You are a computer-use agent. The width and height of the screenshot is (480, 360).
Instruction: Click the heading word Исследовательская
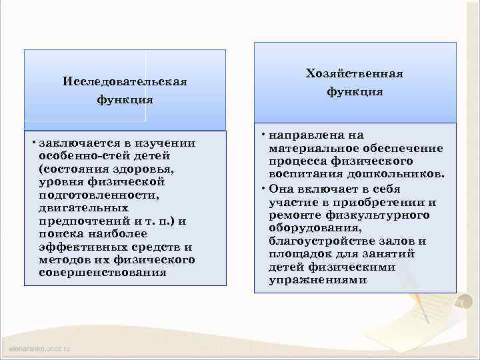[124, 81]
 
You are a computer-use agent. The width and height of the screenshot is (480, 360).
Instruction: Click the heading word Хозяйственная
[354, 73]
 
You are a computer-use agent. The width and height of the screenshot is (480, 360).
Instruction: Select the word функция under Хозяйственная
[354, 91]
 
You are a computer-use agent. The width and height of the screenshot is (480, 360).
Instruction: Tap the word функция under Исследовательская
[124, 100]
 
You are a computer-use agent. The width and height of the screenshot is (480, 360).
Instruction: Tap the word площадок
[297, 254]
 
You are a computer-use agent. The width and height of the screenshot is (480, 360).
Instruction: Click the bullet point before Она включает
[263, 187]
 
